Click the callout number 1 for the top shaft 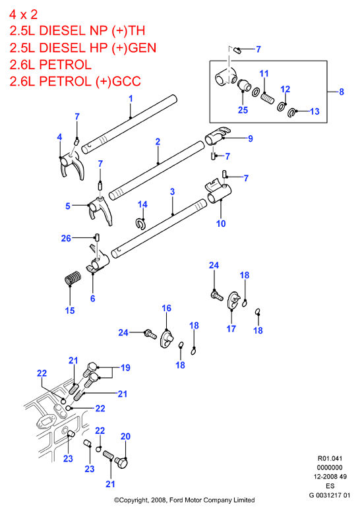click(x=131, y=98)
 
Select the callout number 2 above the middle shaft click(x=158, y=142)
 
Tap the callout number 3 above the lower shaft click(x=173, y=192)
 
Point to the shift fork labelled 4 click(x=72, y=166)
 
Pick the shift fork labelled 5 click(x=100, y=210)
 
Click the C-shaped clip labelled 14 click(x=140, y=224)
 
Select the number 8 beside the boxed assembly click(x=342, y=92)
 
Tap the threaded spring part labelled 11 click(x=268, y=98)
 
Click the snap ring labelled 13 click(x=291, y=113)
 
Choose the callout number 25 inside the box click(x=243, y=110)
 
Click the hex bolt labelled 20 click(x=121, y=463)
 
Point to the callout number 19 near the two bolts click(x=126, y=368)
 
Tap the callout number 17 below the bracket click(x=231, y=329)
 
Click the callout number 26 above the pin click(x=66, y=238)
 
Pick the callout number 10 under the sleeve click(x=221, y=224)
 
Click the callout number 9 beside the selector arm click(x=251, y=138)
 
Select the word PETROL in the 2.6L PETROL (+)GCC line click(x=65, y=82)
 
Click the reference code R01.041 click(x=330, y=458)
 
